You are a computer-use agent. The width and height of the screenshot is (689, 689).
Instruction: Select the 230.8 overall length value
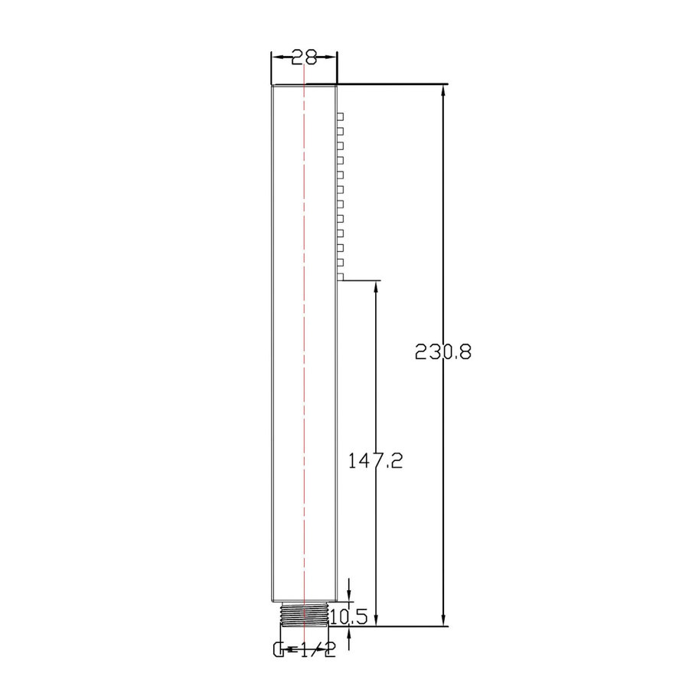(443, 352)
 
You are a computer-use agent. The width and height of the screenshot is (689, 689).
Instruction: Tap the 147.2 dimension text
(375, 461)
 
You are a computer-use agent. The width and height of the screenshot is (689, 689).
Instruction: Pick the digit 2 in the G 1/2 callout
(328, 651)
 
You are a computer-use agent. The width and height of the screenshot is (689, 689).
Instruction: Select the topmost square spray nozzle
(341, 116)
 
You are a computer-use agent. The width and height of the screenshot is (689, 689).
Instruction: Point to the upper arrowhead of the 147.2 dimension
(376, 288)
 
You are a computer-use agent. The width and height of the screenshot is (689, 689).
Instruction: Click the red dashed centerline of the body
(304, 344)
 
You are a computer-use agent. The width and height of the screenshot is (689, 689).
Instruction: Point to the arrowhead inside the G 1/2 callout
(289, 651)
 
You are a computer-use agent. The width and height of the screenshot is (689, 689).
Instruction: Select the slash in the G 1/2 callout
(317, 651)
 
